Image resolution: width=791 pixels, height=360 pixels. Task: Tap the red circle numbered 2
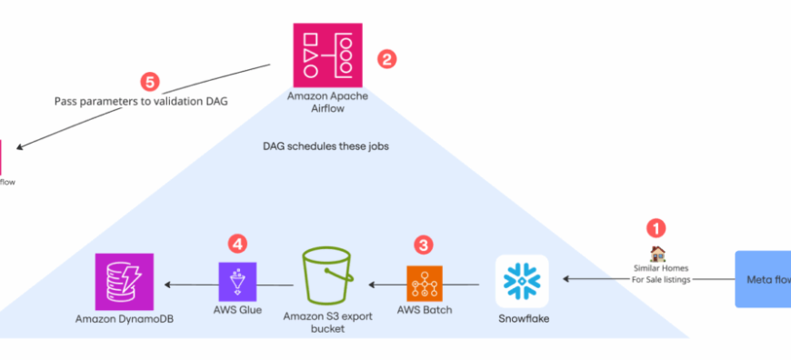(x=386, y=60)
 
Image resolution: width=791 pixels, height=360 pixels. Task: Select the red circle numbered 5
(x=150, y=82)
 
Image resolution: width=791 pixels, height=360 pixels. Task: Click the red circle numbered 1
(x=656, y=227)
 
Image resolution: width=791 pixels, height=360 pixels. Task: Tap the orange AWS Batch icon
(x=424, y=284)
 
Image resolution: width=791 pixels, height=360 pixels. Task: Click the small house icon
(x=656, y=254)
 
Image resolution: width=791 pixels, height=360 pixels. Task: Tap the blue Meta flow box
(x=762, y=279)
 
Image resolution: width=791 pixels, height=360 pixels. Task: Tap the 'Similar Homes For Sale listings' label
(x=663, y=273)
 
